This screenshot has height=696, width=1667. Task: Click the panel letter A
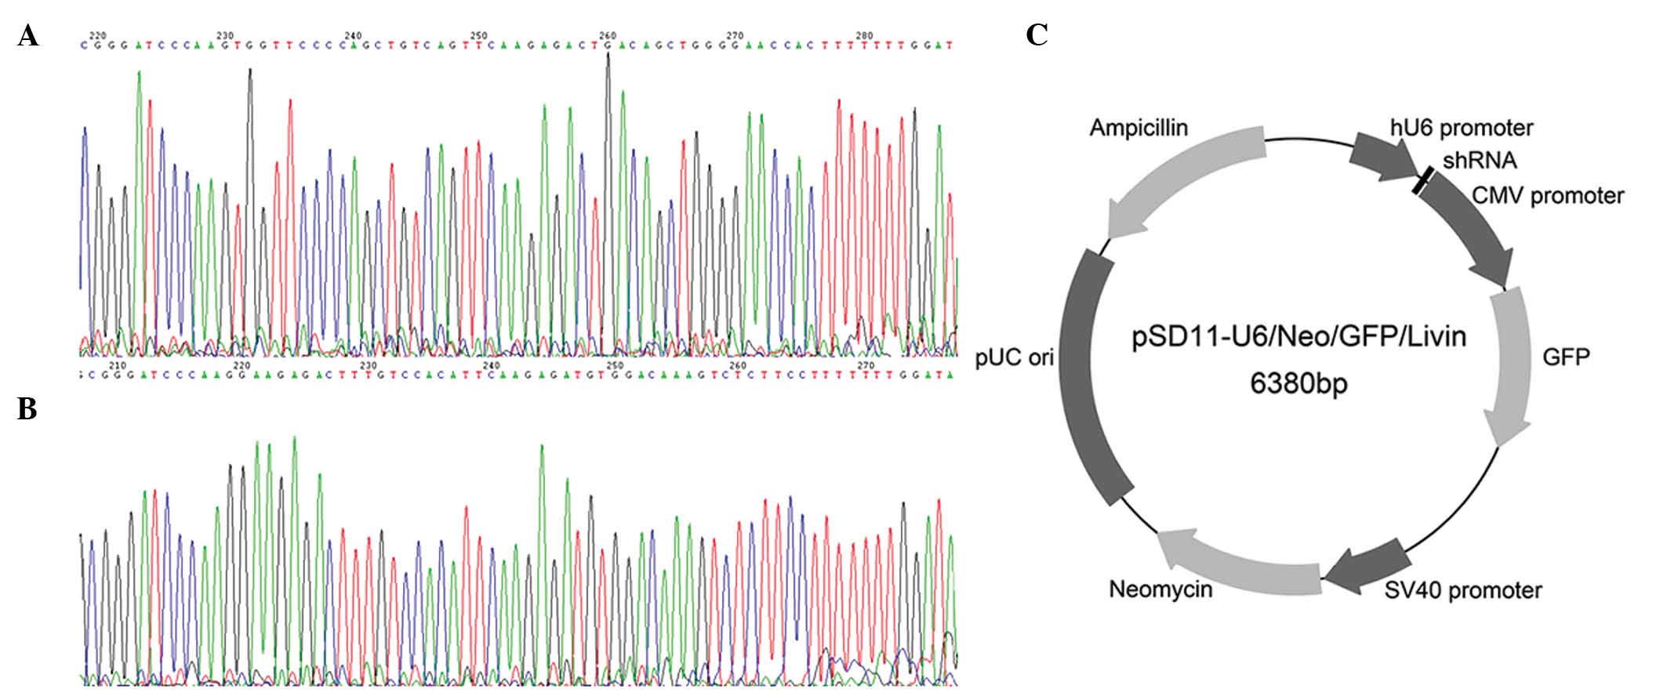(x=28, y=36)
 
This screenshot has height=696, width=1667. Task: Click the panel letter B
(x=27, y=408)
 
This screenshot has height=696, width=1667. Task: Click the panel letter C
(x=1037, y=35)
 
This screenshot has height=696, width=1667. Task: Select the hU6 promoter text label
(x=1462, y=127)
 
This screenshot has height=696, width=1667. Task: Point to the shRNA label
(x=1480, y=161)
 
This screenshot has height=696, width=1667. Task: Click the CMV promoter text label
(x=1548, y=195)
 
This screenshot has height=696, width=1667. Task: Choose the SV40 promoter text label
(x=1463, y=589)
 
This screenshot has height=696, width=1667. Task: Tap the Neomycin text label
(x=1160, y=589)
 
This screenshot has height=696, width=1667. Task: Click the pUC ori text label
(x=1015, y=358)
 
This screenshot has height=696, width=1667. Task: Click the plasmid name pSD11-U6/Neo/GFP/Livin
(x=1298, y=338)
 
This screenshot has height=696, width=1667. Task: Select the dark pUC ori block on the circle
(x=1086, y=376)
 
